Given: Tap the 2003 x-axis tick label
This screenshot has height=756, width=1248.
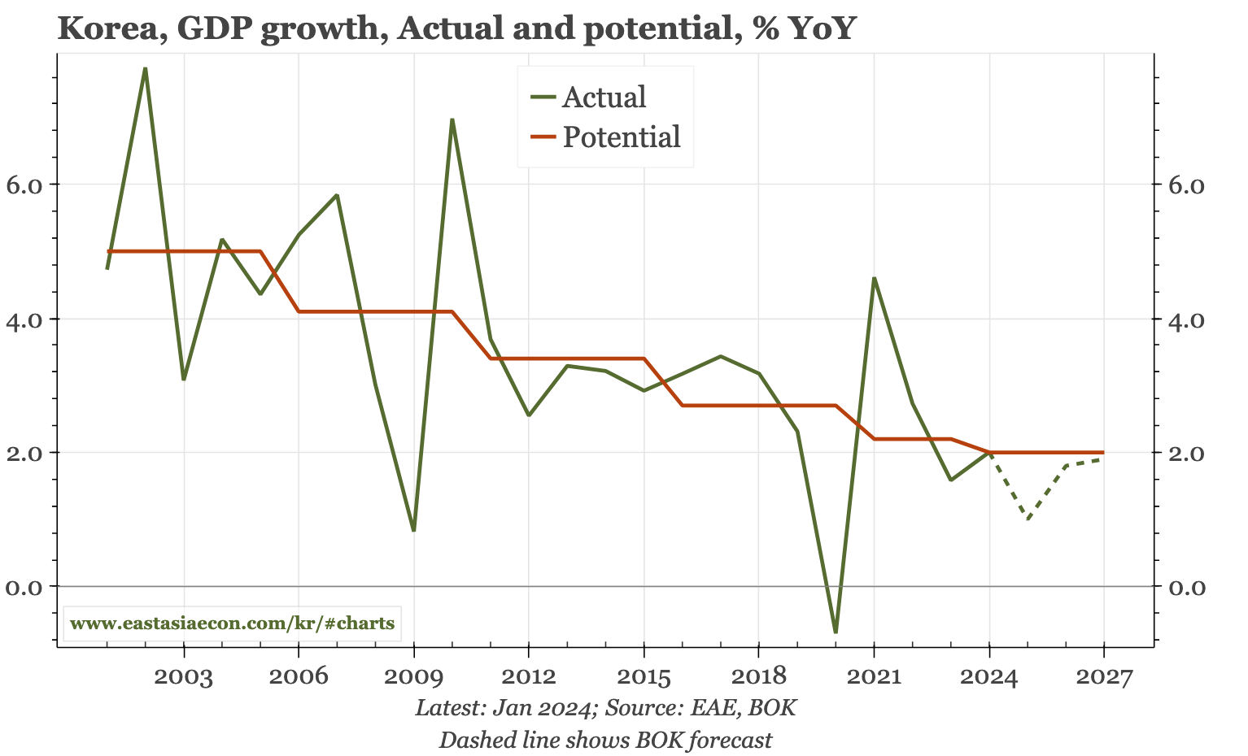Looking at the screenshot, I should pos(184,676).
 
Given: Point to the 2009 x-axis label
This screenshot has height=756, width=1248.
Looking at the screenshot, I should pos(414,676).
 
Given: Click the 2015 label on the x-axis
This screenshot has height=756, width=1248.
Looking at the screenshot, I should pos(644,676).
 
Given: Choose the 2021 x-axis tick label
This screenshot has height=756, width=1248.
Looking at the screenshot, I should pos(874,676).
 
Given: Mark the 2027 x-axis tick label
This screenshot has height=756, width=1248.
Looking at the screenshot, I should pos(1104,676).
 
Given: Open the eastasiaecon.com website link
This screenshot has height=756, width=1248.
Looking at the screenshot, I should pos(233,624).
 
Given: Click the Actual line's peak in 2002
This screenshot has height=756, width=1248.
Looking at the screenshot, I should pos(145,68).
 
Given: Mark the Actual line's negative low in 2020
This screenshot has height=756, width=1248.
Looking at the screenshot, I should pos(836,632).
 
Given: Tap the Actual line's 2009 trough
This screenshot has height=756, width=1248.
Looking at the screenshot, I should pos(414,530).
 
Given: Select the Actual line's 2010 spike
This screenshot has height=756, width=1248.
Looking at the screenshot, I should pos(452,119).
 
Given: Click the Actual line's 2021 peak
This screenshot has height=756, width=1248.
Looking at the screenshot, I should pos(874,278).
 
